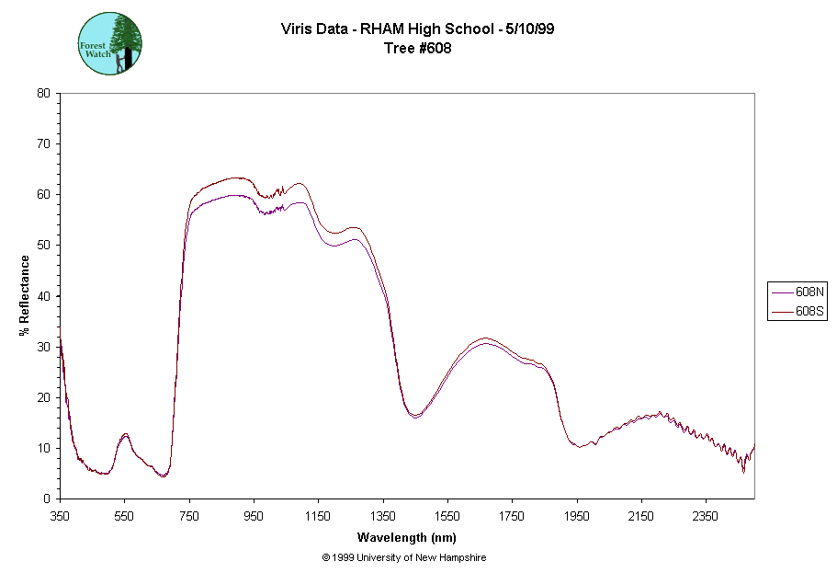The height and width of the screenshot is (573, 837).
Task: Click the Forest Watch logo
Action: (x=109, y=43)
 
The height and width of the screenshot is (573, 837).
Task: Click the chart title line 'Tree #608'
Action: (x=417, y=47)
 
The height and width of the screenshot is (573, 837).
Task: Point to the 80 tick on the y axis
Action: (x=43, y=93)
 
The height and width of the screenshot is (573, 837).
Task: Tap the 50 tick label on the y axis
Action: (x=43, y=245)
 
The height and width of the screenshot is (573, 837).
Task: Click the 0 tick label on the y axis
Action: (x=47, y=499)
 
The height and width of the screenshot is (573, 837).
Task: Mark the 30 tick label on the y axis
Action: (x=43, y=347)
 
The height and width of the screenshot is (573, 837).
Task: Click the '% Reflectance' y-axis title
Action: (x=25, y=295)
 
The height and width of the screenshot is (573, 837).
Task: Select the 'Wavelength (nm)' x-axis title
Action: (x=407, y=537)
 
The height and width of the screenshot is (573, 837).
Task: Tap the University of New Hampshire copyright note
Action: (x=404, y=557)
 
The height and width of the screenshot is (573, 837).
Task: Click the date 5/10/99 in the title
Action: (x=528, y=29)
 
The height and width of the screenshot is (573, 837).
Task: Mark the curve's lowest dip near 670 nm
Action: (x=163, y=476)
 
